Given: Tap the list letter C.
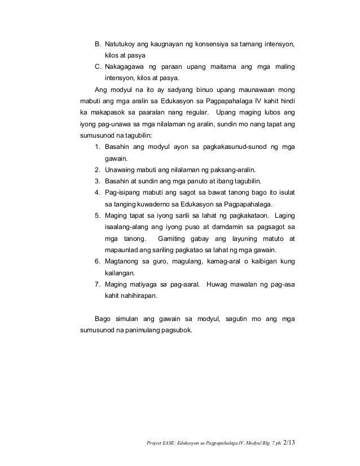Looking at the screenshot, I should (x=97, y=67).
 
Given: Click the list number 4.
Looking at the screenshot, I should (x=98, y=192).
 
